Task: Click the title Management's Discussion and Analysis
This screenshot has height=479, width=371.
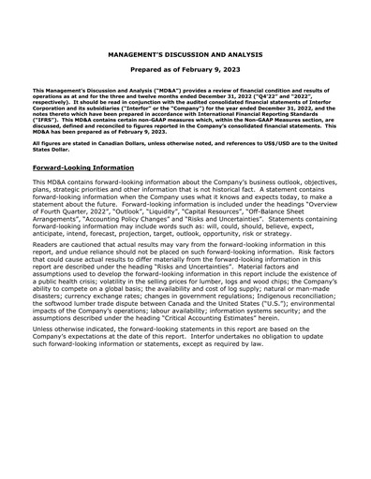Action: (185, 55)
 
